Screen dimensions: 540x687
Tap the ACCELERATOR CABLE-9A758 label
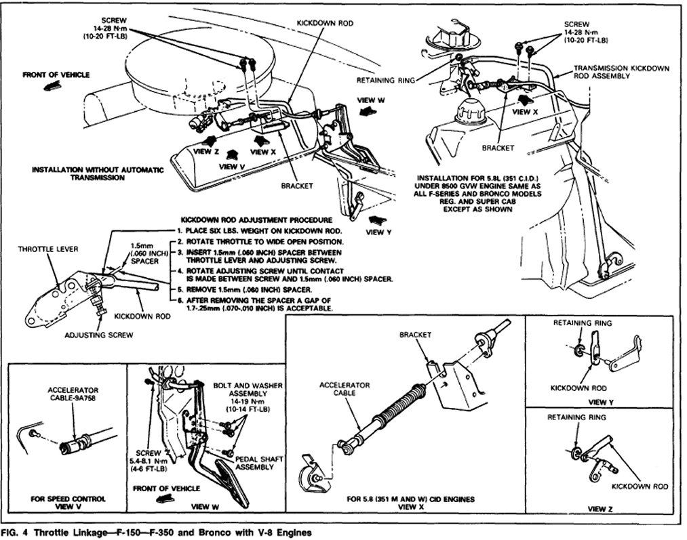(74, 394)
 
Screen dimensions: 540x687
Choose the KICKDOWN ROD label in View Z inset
(640, 486)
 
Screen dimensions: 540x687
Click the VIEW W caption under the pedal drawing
(209, 505)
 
